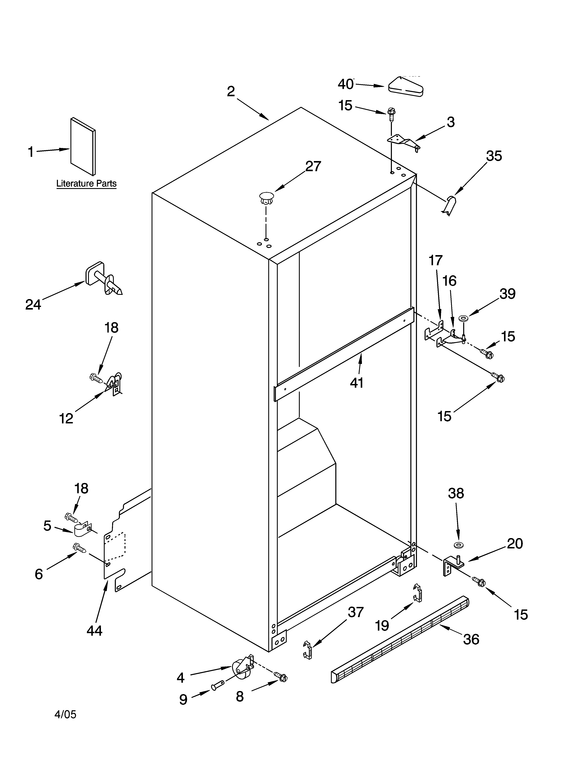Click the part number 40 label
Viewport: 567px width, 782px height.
click(x=346, y=84)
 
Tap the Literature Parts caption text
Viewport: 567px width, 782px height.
click(x=86, y=183)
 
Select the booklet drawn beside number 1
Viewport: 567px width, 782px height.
click(x=83, y=146)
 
